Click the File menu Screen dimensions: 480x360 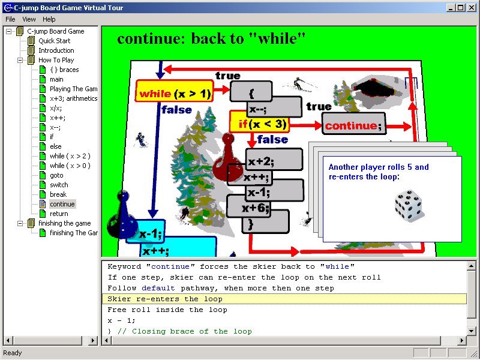click(10, 19)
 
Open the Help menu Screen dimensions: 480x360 click(49, 19)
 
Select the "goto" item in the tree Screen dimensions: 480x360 click(56, 175)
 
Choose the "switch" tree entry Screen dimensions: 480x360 click(59, 185)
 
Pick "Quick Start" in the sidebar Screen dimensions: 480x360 click(54, 41)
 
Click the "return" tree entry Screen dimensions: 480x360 click(59, 214)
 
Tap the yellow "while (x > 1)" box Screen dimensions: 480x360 click(174, 91)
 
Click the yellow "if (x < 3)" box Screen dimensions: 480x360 click(259, 122)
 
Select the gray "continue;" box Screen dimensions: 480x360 click(353, 124)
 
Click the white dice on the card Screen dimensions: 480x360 click(409, 205)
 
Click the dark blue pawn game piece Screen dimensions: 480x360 click(122, 214)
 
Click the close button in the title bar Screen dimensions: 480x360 click(472, 8)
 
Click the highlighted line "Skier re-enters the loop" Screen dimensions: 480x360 click(165, 299)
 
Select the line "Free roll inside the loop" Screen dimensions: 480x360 click(167, 310)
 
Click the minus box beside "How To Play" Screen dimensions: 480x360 click(20, 60)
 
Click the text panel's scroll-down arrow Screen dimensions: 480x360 click(472, 331)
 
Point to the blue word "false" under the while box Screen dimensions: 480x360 click(176, 110)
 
